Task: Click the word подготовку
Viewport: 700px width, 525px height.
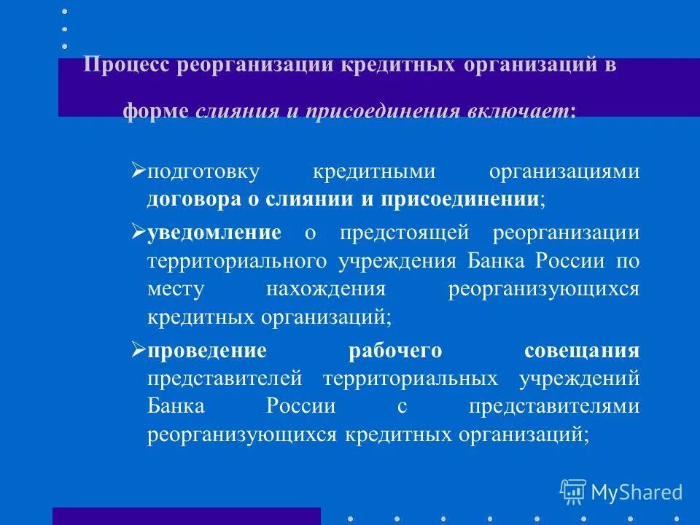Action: pos(203,173)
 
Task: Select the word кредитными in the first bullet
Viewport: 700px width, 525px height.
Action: pos(374,173)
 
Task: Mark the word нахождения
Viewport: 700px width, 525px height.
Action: pos(325,289)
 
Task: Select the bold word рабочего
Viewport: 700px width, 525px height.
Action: pos(395,351)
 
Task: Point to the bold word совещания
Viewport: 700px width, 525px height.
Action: pos(582,351)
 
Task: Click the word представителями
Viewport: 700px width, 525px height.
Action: pos(554,406)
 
